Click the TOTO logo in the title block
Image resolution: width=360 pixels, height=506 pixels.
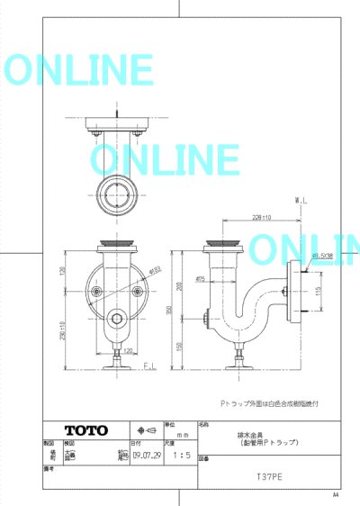(x=85, y=429)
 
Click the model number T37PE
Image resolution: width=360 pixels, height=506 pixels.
(x=269, y=476)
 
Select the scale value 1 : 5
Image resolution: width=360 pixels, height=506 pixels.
(x=179, y=456)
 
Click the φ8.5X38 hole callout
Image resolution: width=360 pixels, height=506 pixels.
(x=321, y=256)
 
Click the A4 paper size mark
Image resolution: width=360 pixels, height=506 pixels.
(x=336, y=494)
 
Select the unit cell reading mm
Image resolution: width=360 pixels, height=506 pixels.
(x=183, y=435)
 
